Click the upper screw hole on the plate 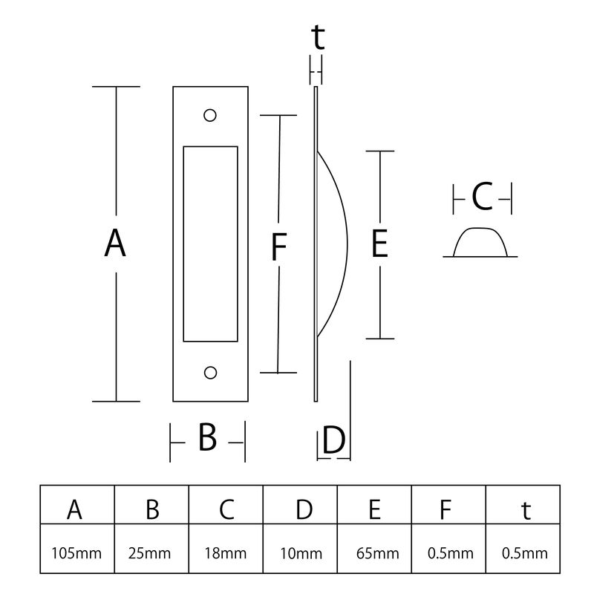(210, 115)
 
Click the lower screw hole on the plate (210, 373)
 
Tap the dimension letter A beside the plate (115, 244)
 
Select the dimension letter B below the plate (207, 437)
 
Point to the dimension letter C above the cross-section (482, 197)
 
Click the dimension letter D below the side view (333, 440)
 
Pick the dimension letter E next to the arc (379, 244)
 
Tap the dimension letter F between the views (279, 247)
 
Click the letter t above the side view (318, 37)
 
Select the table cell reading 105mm (76, 553)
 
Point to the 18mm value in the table (226, 553)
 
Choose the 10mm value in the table (301, 553)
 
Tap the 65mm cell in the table (378, 553)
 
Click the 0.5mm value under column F (451, 553)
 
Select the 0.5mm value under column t (525, 553)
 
